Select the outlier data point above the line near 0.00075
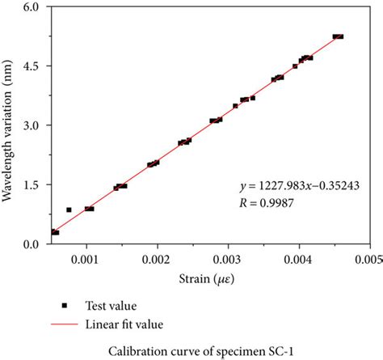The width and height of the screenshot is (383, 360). click(69, 210)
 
